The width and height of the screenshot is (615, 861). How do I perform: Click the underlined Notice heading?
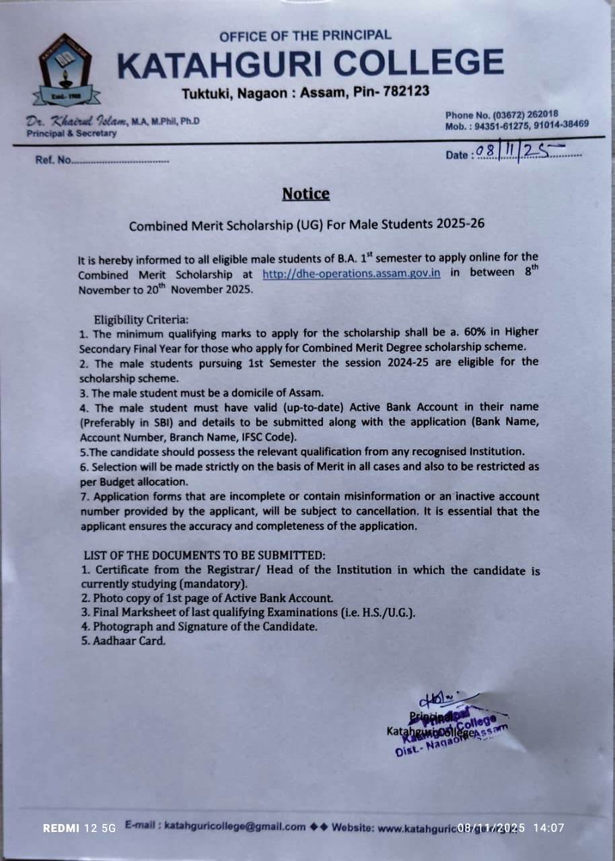pos(305,194)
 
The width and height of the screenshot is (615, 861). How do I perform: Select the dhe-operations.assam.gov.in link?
pos(351,274)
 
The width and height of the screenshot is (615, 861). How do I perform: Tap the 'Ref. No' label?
pos(52,161)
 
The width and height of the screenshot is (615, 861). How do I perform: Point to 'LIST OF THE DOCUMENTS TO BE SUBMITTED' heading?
pos(205,556)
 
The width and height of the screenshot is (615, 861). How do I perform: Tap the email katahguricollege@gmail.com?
pos(235,826)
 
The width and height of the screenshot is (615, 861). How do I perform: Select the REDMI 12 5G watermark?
pos(79,828)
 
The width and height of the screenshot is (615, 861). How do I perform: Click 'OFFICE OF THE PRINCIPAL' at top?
pos(305,35)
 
